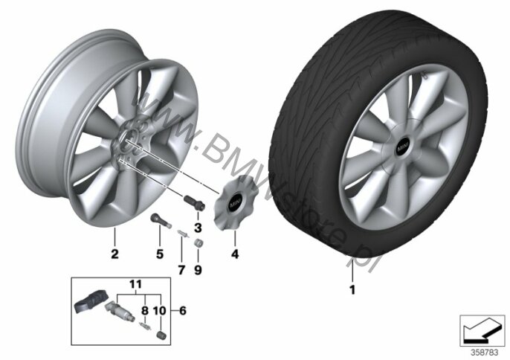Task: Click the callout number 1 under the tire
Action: click(x=352, y=289)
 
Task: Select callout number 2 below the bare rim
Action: click(x=114, y=254)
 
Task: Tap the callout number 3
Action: click(x=198, y=228)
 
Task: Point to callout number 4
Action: click(x=235, y=254)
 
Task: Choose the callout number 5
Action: click(x=159, y=254)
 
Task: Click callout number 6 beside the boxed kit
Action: click(x=183, y=311)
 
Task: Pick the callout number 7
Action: click(x=181, y=270)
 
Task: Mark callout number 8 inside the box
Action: click(x=145, y=311)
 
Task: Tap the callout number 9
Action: click(x=198, y=270)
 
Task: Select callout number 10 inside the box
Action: click(x=159, y=311)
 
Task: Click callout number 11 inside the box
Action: click(x=136, y=285)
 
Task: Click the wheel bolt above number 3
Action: click(x=195, y=203)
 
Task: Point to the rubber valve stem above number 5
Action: click(x=161, y=220)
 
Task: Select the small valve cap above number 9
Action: click(x=198, y=243)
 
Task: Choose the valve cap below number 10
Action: click(x=161, y=335)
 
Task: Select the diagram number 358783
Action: click(x=484, y=353)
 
